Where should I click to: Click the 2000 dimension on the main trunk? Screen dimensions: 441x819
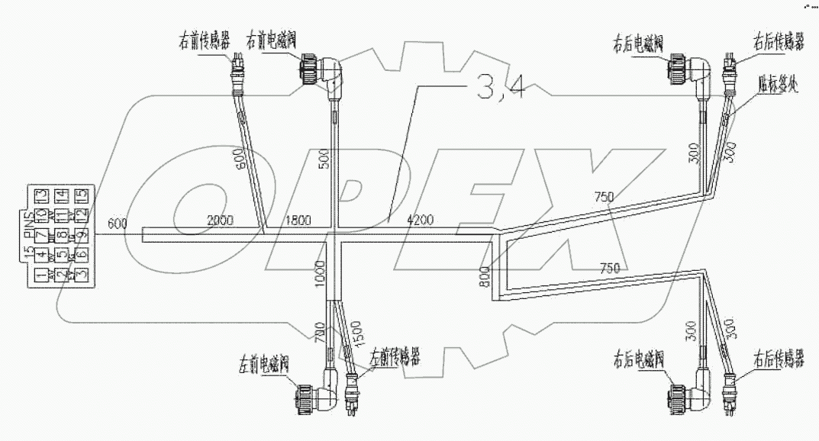(221, 220)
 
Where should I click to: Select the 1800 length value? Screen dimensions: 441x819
(298, 220)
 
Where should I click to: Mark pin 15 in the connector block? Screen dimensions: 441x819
(82, 195)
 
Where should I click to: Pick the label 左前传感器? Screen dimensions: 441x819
(395, 357)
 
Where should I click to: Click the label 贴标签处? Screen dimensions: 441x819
(778, 82)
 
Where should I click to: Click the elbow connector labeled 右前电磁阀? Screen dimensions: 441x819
(321, 75)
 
